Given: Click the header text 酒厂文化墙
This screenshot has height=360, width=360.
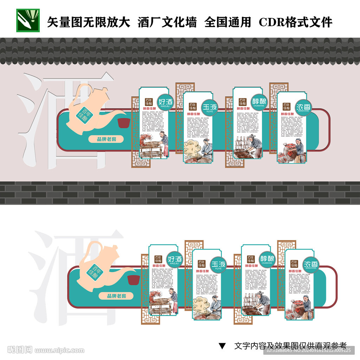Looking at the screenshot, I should point(167,22).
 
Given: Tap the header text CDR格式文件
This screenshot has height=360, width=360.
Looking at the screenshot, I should point(295,22).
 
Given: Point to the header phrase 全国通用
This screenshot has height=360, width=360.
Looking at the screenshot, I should point(227,22).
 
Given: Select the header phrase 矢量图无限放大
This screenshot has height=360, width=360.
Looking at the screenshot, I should point(89,22).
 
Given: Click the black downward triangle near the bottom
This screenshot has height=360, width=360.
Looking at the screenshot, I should point(222,346).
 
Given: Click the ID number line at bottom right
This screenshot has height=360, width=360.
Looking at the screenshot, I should point(308,350).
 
